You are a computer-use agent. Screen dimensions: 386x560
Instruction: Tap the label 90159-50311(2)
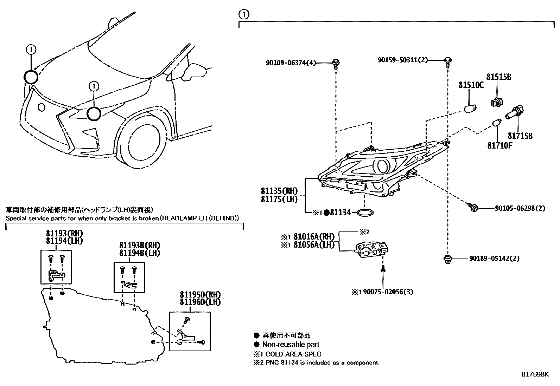[403, 60]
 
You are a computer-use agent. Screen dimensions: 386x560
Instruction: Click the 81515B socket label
[499, 77]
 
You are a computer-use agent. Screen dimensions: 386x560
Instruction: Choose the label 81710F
[499, 145]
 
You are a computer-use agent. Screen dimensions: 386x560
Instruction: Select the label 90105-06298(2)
[520, 208]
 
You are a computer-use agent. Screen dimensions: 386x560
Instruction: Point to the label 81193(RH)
[64, 234]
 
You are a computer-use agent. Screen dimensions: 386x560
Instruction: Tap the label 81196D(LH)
[200, 302]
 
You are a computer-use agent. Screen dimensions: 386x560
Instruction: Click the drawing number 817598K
[535, 374]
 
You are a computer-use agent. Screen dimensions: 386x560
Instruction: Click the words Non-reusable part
[291, 345]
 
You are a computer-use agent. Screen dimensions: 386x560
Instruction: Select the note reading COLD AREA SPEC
[293, 354]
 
